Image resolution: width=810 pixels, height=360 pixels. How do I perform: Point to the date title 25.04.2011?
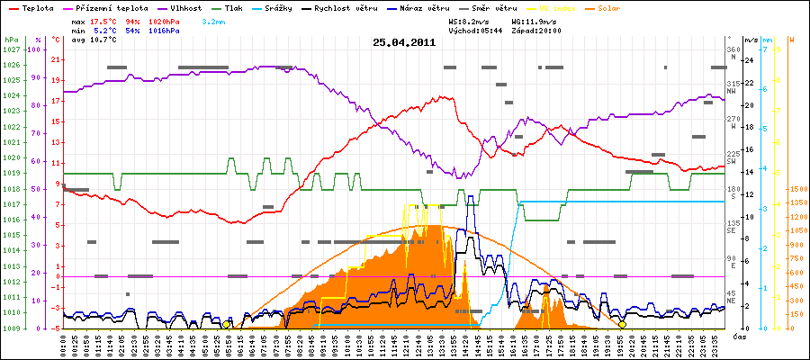click(405, 42)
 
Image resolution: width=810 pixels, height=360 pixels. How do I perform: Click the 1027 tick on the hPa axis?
click(10, 50)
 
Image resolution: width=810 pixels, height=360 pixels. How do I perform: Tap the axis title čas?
click(738, 336)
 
